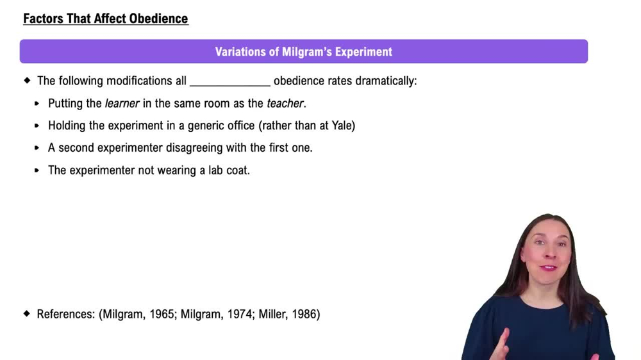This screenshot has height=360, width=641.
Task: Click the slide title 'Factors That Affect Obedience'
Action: coord(106,19)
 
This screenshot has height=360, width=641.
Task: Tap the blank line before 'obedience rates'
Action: coord(230,81)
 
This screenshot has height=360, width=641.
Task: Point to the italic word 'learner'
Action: coord(122,103)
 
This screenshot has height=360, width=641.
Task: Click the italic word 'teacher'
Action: coord(285,103)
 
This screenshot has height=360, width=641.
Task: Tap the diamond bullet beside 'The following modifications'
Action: coord(27,81)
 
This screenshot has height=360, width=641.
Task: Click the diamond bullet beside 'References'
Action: coord(27,314)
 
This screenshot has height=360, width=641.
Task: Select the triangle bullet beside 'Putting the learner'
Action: coord(37,103)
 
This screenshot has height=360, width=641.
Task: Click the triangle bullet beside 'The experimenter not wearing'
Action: coord(37,170)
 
